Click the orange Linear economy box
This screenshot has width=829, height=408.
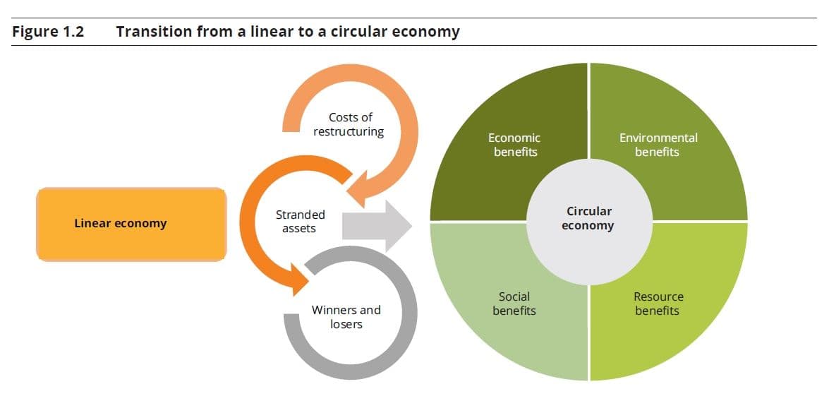(131, 224)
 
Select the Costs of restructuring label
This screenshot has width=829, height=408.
(349, 125)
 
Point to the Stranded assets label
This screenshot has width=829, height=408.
(300, 221)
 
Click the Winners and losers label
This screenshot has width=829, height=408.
(346, 317)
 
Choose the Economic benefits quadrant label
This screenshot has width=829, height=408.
(514, 145)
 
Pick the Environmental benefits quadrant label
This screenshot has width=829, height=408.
(658, 145)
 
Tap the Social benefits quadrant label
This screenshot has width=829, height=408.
(514, 304)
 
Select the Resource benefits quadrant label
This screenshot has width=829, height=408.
(658, 304)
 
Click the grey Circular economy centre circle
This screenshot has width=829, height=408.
(589, 219)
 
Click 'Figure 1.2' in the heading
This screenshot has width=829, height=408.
(48, 32)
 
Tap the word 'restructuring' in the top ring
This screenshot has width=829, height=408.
(349, 132)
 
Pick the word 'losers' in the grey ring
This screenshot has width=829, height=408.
(346, 324)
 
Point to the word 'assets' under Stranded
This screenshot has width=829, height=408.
(299, 229)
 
